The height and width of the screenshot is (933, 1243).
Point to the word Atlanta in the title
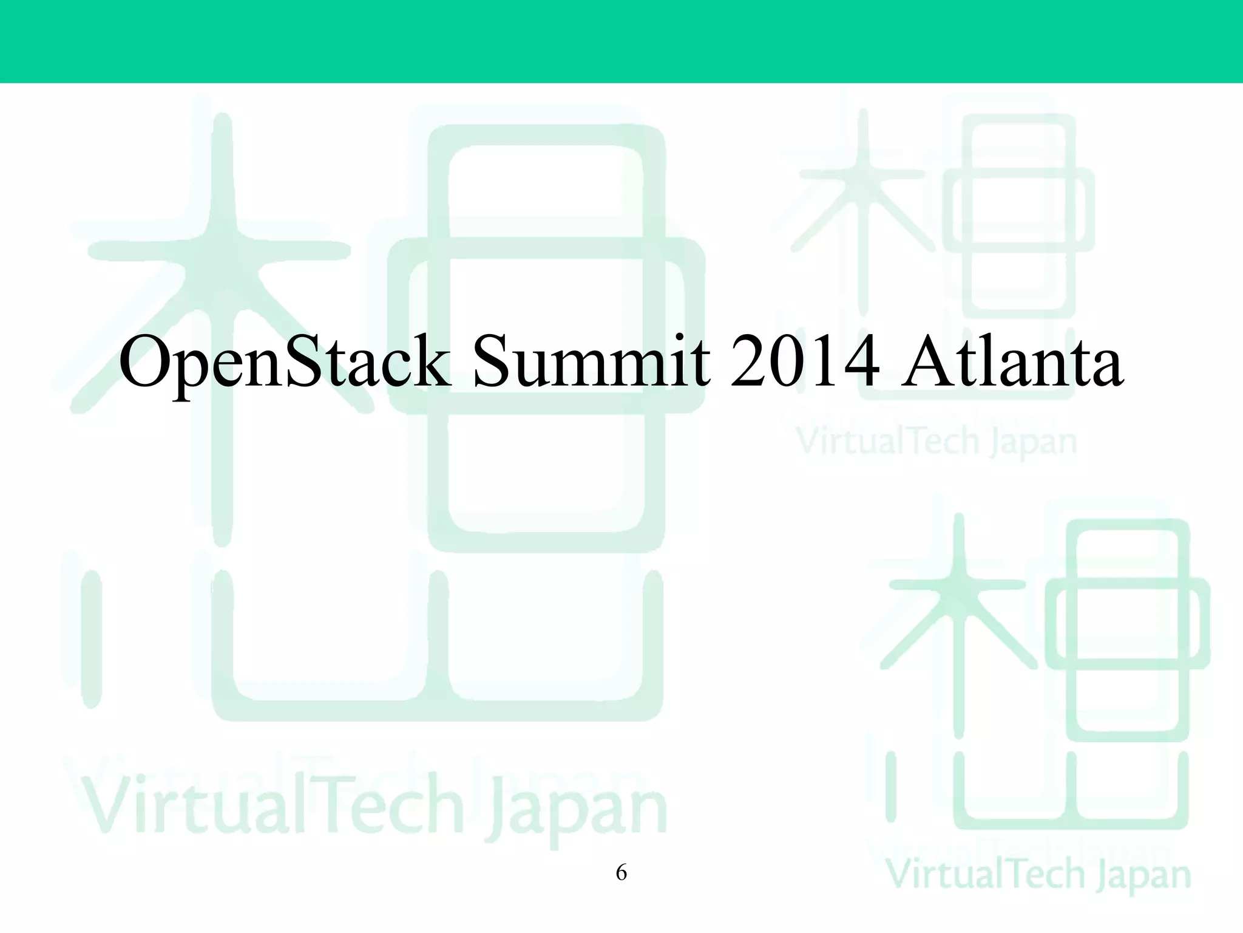1011,363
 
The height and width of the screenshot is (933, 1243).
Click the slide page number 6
621,873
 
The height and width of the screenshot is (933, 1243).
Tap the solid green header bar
621,41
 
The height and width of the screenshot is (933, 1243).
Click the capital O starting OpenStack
146,363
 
